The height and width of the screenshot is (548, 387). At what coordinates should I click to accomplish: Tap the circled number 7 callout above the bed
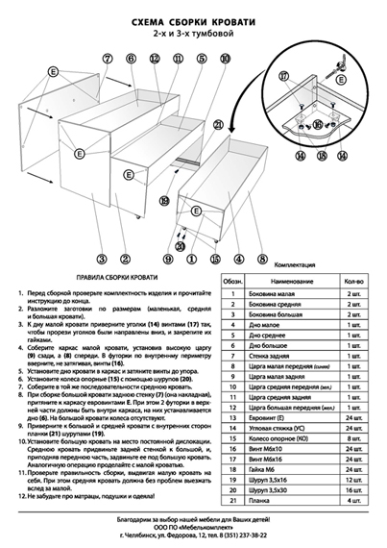tap(108, 59)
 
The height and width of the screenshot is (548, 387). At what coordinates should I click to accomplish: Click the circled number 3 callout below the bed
tap(101, 259)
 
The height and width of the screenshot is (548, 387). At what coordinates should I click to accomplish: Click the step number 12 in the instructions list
tap(18, 496)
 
